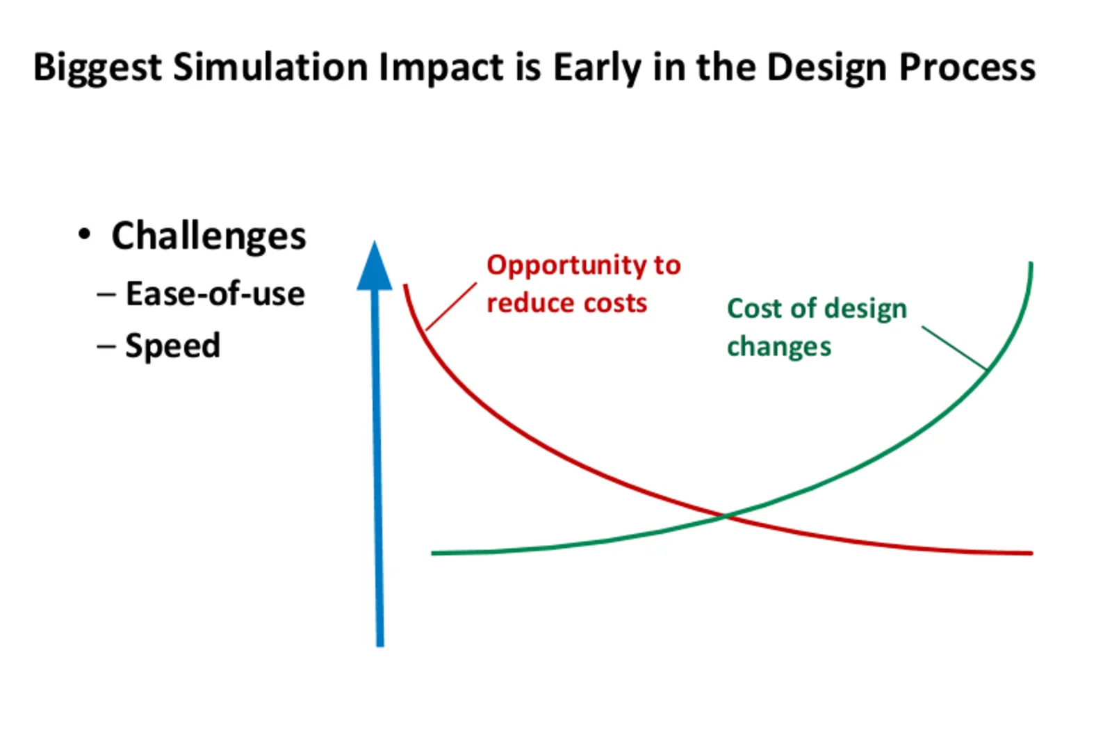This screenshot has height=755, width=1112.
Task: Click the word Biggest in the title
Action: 97,68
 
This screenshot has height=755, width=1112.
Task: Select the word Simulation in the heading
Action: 270,67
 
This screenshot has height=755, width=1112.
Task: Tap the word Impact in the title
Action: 441,68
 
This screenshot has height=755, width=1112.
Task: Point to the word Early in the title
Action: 597,68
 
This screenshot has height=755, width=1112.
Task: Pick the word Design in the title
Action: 826,68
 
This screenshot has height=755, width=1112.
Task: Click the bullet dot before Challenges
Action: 84,234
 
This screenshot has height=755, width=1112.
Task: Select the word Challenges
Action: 209,236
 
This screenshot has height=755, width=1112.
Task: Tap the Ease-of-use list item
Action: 215,293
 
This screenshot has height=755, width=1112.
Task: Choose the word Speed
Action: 172,346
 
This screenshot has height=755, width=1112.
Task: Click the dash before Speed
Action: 106,346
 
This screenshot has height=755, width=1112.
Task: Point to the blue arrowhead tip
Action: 375,242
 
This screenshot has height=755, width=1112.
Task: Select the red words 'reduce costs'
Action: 567,302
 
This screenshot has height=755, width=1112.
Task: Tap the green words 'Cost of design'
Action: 817,309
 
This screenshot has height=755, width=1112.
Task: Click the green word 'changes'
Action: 779,347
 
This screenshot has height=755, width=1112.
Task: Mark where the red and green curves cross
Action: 726,517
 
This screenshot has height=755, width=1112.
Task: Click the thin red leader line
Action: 451,307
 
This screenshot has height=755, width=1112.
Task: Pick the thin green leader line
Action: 954,348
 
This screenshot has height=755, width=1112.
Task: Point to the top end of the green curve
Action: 1031,263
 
